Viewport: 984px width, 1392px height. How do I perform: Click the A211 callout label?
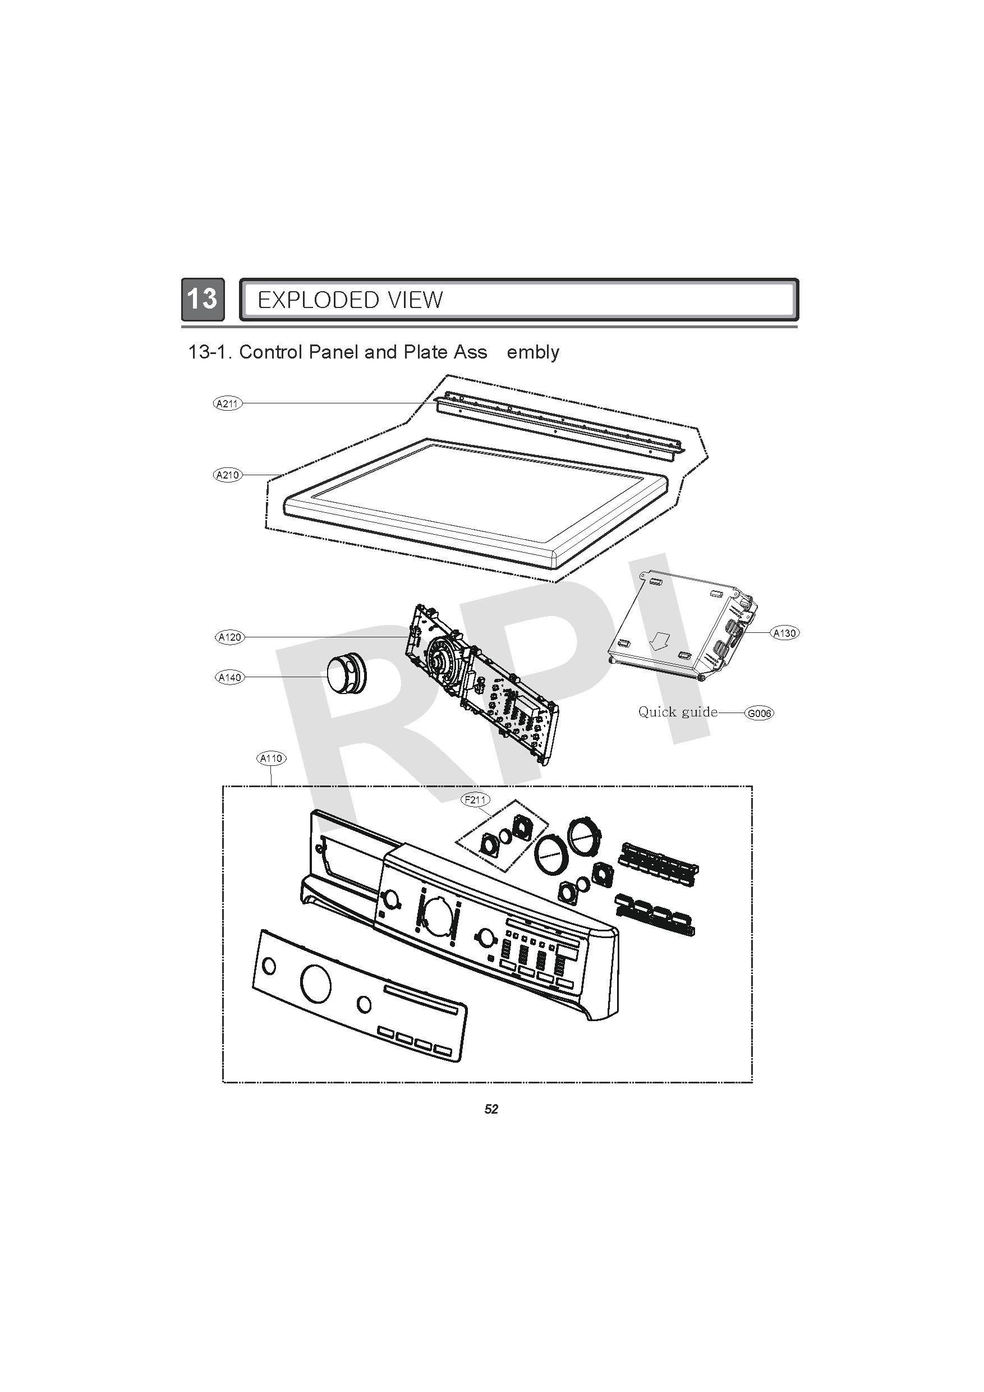[x=228, y=403]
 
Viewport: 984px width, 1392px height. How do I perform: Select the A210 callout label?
[x=228, y=475]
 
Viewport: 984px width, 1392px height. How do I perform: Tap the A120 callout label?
[x=230, y=637]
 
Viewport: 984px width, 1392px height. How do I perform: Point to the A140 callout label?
[x=230, y=677]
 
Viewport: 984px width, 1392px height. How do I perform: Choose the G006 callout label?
[x=759, y=713]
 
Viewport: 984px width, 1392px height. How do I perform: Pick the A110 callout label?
[x=271, y=759]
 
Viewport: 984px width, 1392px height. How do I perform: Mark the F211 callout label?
[x=475, y=800]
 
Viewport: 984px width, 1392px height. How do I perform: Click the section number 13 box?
[x=203, y=299]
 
